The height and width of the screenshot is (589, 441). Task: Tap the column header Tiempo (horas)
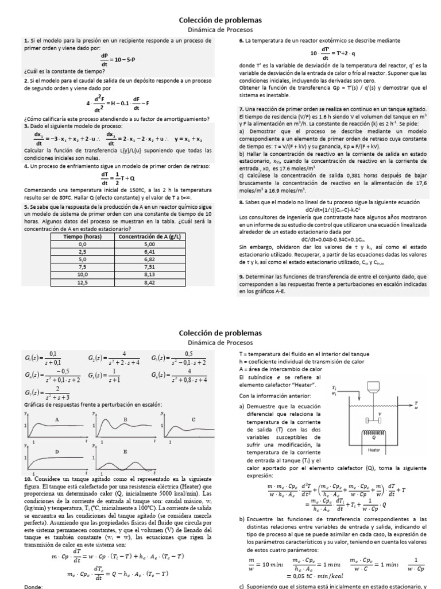pyautogui.click(x=83, y=236)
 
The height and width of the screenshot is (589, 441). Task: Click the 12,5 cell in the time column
pyautogui.click(x=83, y=282)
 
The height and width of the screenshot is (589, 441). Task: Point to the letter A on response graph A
pyautogui.click(x=57, y=419)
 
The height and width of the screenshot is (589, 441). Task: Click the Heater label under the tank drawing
pyautogui.click(x=374, y=450)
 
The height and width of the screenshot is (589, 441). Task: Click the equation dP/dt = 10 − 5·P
pyautogui.click(x=117, y=60)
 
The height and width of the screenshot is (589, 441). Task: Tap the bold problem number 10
pyautogui.click(x=28, y=479)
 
